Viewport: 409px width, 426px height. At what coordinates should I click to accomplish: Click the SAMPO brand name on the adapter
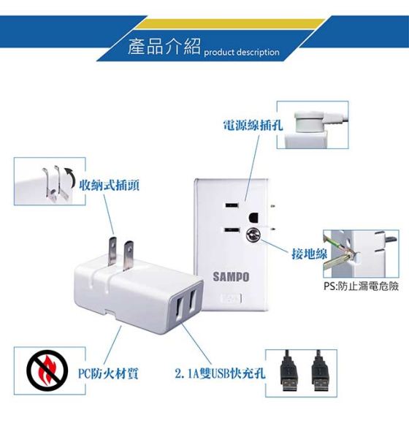click(x=231, y=277)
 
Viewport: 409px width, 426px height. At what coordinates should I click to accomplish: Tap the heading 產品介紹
click(x=164, y=47)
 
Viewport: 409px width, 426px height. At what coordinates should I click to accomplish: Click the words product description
click(x=242, y=52)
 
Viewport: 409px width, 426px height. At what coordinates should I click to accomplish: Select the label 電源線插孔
click(x=253, y=125)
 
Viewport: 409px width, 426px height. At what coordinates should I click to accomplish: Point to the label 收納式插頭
click(x=109, y=185)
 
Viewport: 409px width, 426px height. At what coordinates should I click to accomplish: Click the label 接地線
click(x=310, y=254)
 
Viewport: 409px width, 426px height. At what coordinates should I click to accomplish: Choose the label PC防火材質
click(x=108, y=373)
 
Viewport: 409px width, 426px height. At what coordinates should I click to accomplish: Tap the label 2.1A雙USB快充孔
click(x=220, y=373)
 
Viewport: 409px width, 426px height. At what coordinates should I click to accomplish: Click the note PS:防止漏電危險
click(x=362, y=286)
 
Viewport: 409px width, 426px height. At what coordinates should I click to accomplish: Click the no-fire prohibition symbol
click(x=47, y=370)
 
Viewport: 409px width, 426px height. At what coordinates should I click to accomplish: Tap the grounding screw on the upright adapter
click(x=252, y=235)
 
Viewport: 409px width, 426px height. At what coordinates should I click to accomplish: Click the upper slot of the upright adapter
click(x=232, y=205)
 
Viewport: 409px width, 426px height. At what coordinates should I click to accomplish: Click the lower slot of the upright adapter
click(x=232, y=230)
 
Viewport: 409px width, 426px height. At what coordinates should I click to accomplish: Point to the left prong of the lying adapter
click(x=112, y=252)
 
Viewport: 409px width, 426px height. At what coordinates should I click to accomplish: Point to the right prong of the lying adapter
click(x=128, y=256)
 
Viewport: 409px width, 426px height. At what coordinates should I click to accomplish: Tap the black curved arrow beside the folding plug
click(x=70, y=177)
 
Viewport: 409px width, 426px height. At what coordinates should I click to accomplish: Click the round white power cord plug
click(x=310, y=122)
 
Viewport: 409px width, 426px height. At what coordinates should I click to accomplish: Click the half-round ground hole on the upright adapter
click(x=253, y=218)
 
